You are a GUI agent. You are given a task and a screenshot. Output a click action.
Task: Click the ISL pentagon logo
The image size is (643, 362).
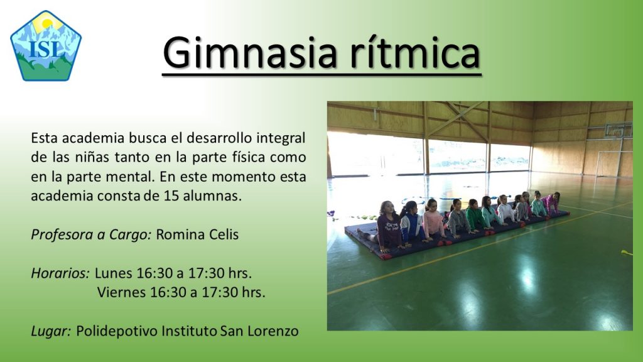[x=46, y=45]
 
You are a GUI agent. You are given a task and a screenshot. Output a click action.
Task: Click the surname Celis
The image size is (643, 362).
[x=224, y=234]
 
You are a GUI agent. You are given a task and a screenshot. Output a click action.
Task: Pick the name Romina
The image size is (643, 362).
[x=180, y=234]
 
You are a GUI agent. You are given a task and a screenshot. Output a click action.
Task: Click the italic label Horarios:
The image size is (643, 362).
[x=60, y=273]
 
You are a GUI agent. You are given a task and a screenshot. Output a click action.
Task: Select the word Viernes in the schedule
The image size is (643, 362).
[x=121, y=292]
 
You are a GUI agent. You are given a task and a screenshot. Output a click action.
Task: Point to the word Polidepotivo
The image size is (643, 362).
[x=116, y=331]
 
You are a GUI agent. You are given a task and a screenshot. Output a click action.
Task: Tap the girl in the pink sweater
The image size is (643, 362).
[x=434, y=222]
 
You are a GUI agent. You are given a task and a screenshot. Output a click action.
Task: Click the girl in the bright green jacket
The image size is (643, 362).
[x=475, y=216]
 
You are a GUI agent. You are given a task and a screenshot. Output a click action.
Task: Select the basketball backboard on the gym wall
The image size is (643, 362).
[x=619, y=131]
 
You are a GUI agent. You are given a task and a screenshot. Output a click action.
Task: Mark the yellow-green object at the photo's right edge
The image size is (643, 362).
[x=627, y=253]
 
